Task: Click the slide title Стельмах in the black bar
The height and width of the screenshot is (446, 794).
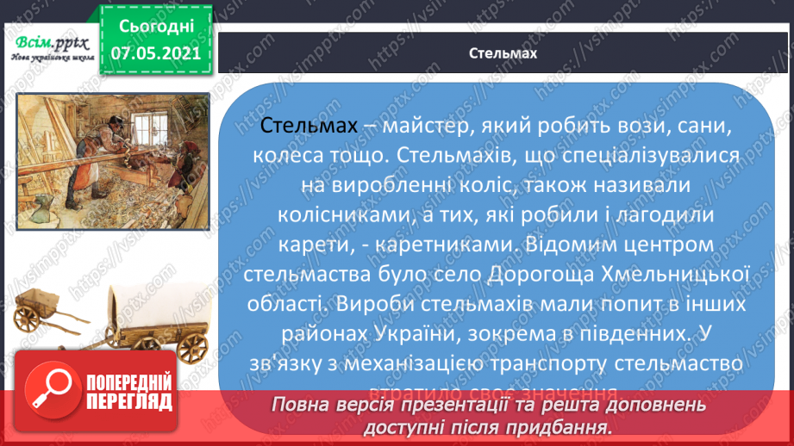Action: click(504, 53)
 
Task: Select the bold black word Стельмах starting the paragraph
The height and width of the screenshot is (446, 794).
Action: click(308, 127)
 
